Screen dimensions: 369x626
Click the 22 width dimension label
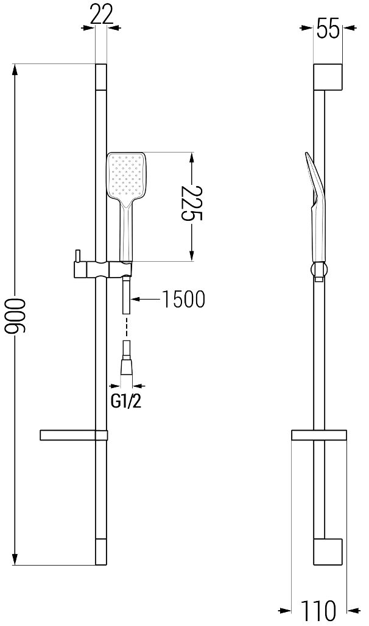102,15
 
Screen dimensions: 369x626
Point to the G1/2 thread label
126,401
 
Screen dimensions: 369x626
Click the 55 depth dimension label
328,29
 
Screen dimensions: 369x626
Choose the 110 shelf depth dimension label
318,610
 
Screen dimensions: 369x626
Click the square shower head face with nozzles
126,176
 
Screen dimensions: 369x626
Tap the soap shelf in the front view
73,435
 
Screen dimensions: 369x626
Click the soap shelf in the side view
319,435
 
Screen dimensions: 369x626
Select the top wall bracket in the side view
328,77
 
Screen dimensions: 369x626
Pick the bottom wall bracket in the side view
328,552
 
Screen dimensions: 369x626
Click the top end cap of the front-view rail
101,77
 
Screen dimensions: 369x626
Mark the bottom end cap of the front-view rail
101,552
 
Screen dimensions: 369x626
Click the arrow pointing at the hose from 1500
145,298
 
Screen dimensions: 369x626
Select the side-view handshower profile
317,207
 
